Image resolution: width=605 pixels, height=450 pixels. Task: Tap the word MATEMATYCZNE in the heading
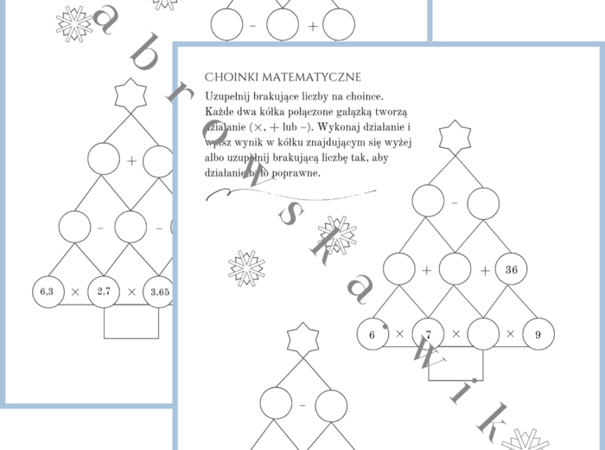[306, 77]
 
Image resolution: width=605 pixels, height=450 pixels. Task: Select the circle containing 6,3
[47, 292]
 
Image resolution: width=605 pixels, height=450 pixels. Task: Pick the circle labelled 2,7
[104, 292]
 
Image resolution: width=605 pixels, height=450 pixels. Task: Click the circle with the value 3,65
[159, 292]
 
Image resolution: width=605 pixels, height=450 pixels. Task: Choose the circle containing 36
[511, 269]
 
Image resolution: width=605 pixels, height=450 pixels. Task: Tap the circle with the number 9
[538, 333]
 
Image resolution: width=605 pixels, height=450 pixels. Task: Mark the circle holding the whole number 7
[428, 333]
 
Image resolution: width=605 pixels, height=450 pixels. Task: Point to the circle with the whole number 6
[373, 333]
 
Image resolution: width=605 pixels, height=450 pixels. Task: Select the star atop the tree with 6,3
[131, 93]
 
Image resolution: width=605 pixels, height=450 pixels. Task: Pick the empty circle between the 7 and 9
[483, 333]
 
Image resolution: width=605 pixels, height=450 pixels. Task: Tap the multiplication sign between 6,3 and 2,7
[75, 292]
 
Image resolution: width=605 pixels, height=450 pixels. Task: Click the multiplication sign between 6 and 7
[400, 333]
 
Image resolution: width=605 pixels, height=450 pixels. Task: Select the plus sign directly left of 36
[484, 269]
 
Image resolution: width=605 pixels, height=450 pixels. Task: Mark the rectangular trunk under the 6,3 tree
[131, 323]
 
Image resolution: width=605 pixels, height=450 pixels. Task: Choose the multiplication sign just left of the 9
[511, 333]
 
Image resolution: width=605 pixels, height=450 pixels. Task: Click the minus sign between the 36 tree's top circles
[455, 204]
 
